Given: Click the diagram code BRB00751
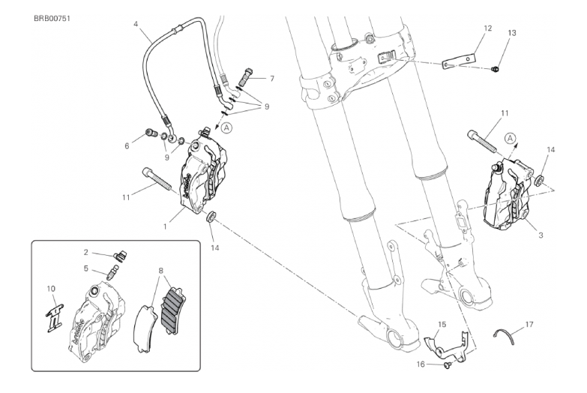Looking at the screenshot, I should click(x=48, y=16).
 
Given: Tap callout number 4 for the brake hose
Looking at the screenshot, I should click(x=136, y=23).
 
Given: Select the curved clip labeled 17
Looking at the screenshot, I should click(x=509, y=334).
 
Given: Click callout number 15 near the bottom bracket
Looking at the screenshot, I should click(x=442, y=323).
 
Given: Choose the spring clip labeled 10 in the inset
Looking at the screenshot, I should click(x=52, y=310).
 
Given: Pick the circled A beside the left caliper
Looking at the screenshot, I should click(x=229, y=128).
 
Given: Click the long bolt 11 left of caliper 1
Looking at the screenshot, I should click(x=155, y=181).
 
